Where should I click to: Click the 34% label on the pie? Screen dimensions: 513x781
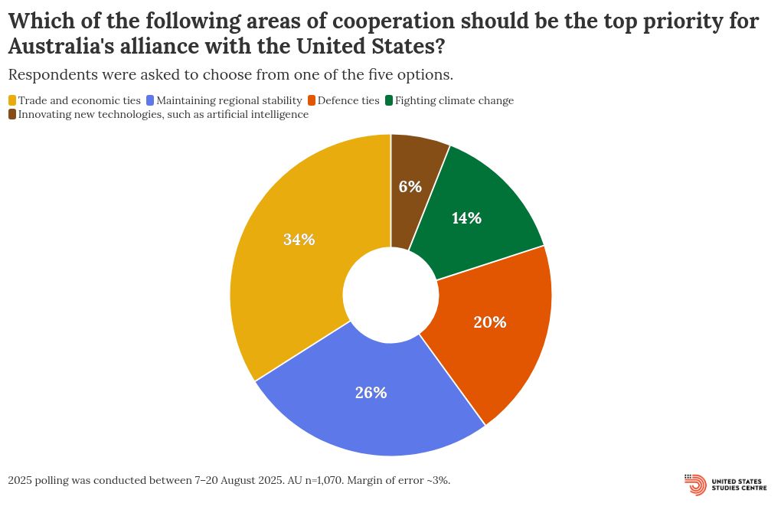coord(299,240)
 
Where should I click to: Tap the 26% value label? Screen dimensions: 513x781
coord(371,393)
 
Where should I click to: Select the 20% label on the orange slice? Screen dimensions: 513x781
coord(489,322)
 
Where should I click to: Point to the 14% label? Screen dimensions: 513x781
coord(466,218)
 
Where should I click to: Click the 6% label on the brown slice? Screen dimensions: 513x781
coord(411,186)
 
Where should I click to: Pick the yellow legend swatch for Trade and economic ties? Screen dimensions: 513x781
coord(12,100)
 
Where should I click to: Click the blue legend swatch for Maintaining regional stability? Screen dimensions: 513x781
coord(150,100)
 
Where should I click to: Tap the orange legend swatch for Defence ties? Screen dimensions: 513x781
coord(312,100)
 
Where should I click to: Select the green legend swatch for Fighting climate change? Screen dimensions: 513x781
coord(389,100)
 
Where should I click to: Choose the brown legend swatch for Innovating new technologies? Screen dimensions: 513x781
coord(12,114)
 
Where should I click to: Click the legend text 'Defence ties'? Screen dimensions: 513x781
coord(348,100)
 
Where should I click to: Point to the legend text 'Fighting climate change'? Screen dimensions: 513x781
coord(454,100)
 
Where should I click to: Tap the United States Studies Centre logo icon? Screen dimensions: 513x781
coord(695,485)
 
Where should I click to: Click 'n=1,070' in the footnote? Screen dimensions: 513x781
coord(318,480)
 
